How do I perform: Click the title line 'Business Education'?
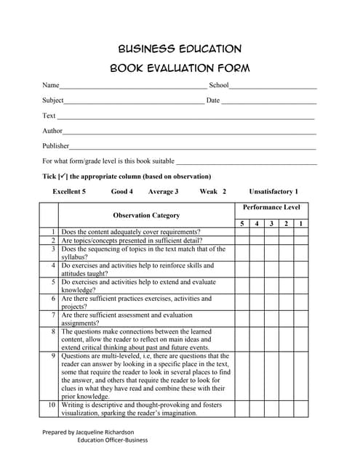pyautogui.click(x=179, y=49)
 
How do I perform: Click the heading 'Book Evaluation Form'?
pyautogui.click(x=179, y=69)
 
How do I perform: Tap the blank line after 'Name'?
pyautogui.click(x=133, y=87)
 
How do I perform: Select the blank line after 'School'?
pyautogui.click(x=273, y=87)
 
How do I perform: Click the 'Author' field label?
pyautogui.click(x=52, y=131)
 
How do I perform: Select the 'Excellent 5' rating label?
pyautogui.click(x=69, y=192)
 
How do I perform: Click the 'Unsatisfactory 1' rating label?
pyautogui.click(x=273, y=192)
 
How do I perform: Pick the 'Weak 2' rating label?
pyautogui.click(x=213, y=192)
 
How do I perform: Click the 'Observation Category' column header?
pyautogui.click(x=146, y=215)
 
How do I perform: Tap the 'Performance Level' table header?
pyautogui.click(x=271, y=208)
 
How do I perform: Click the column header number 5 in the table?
pyautogui.click(x=242, y=223)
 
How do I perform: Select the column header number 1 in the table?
pyautogui.click(x=301, y=223)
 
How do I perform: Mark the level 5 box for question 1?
pyautogui.click(x=242, y=232)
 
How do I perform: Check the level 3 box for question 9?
pyautogui.click(x=271, y=376)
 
